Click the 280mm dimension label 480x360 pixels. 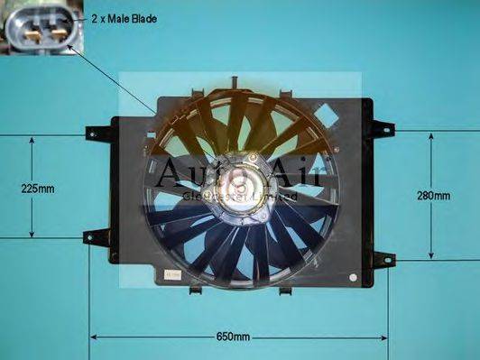[435, 195]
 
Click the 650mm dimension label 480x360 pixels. [233, 337]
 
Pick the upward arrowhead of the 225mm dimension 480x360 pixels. [32, 140]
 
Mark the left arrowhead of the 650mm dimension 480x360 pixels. [93, 338]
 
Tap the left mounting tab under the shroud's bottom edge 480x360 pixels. [195, 291]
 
